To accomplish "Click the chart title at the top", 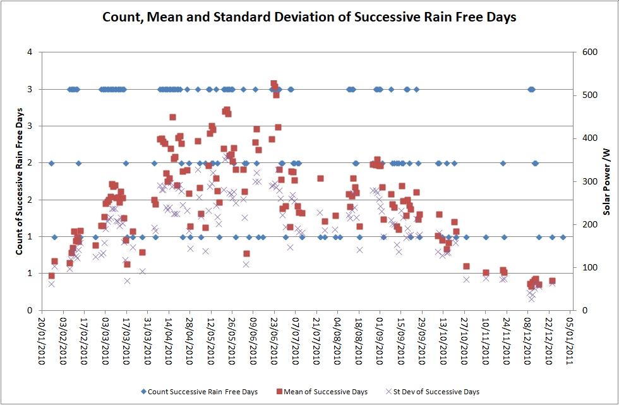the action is (x=309, y=17).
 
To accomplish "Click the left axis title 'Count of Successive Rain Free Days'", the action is (x=18, y=181).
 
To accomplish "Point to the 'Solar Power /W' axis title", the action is (x=606, y=181).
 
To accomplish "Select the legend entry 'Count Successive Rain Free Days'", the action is (x=200, y=392).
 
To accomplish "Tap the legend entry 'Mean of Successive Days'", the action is (x=322, y=392).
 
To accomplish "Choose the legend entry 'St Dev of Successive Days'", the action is (x=432, y=392).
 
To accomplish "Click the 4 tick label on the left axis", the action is (x=30, y=52).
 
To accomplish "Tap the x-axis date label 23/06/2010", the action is (x=273, y=340).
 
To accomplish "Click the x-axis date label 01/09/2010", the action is (x=380, y=340).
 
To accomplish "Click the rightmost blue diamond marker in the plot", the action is (x=563, y=237).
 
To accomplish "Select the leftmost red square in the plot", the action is (x=51, y=275).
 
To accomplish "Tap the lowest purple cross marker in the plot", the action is (x=531, y=299).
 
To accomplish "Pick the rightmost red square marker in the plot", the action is (x=552, y=281).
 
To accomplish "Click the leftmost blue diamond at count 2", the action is (x=51, y=163).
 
